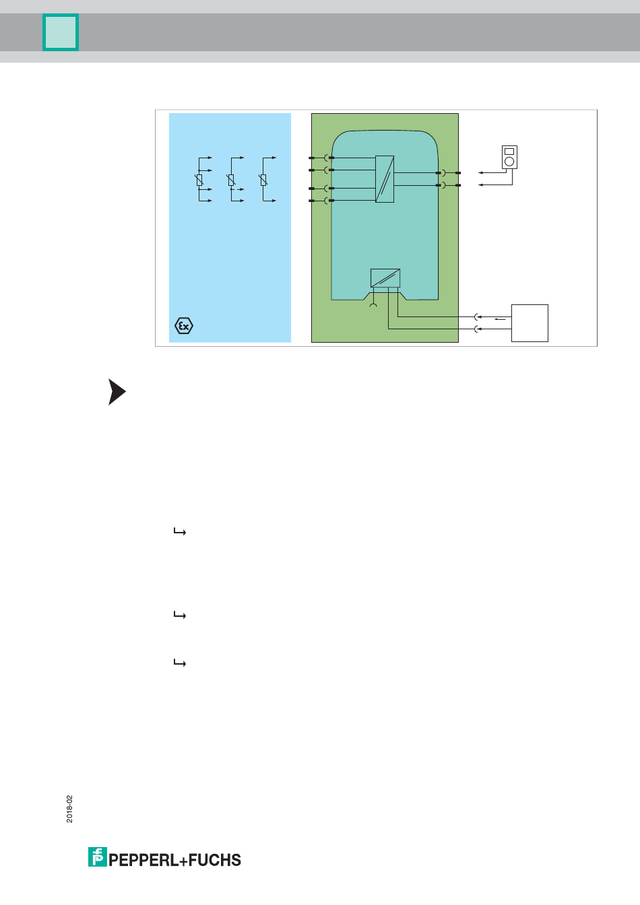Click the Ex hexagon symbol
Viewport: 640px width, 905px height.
pyautogui.click(x=184, y=326)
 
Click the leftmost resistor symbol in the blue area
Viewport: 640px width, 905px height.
pyautogui.click(x=199, y=180)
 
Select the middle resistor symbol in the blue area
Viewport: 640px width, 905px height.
pyautogui.click(x=231, y=180)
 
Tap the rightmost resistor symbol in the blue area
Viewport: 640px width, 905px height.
pyautogui.click(x=263, y=180)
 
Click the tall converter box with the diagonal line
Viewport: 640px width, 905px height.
pyautogui.click(x=385, y=179)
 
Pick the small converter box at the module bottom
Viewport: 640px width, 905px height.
pyautogui.click(x=385, y=278)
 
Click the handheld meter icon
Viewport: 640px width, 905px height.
pyautogui.click(x=509, y=157)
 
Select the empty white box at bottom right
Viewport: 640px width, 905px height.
pyautogui.click(x=530, y=323)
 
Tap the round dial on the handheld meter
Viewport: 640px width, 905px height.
pyautogui.click(x=509, y=162)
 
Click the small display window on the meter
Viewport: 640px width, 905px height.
pyautogui.click(x=509, y=152)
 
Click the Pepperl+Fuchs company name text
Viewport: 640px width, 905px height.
pyautogui.click(x=175, y=860)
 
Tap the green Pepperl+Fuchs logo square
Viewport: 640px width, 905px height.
pyautogui.click(x=98, y=857)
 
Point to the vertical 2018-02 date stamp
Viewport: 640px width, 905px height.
pyautogui.click(x=70, y=809)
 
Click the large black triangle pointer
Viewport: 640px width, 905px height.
pyautogui.click(x=117, y=392)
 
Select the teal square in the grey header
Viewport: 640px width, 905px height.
pyautogui.click(x=61, y=32)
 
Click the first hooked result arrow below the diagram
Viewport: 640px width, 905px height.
pyautogui.click(x=180, y=532)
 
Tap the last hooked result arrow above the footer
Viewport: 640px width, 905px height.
pyautogui.click(x=180, y=663)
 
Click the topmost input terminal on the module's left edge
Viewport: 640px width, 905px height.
pyautogui.click(x=312, y=158)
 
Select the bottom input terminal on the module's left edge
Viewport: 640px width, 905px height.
pyautogui.click(x=312, y=201)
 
